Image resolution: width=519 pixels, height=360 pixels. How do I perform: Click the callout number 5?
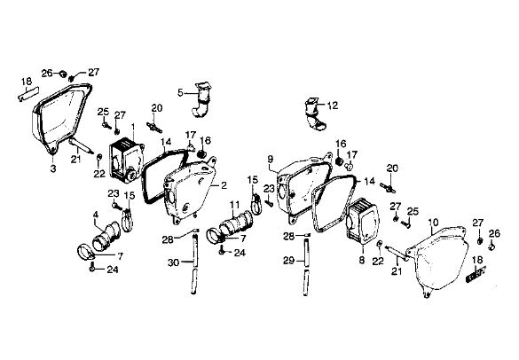pyautogui.click(x=180, y=93)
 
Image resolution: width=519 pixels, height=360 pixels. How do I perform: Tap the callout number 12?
pyautogui.click(x=333, y=106)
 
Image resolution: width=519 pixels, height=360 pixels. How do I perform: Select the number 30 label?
pyautogui.click(x=173, y=262)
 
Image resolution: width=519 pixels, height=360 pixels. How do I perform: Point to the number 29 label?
pyautogui.click(x=288, y=261)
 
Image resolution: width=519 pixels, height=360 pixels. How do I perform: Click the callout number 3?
pyautogui.click(x=53, y=168)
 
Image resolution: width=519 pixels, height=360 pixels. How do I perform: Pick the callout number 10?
pyautogui.click(x=433, y=222)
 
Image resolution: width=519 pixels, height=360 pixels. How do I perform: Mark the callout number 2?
pyautogui.click(x=224, y=185)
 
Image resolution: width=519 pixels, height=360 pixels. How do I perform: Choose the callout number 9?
pyautogui.click(x=271, y=159)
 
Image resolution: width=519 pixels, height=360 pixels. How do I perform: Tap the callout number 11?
pyautogui.click(x=235, y=205)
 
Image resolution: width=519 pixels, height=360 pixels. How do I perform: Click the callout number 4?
pyautogui.click(x=96, y=215)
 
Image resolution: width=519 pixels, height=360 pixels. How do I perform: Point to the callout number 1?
pyautogui.click(x=133, y=127)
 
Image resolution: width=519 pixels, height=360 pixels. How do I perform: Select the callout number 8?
pyautogui.click(x=361, y=260)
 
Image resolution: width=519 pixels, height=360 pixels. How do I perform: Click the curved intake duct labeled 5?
pyautogui.click(x=201, y=99)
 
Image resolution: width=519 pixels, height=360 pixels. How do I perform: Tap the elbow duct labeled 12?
pyautogui.click(x=315, y=113)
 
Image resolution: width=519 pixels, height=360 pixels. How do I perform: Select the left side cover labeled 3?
pyautogui.click(x=61, y=119)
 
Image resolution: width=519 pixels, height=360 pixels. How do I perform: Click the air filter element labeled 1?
pyautogui.click(x=127, y=162)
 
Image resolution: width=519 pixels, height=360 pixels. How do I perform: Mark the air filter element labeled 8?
pyautogui.click(x=362, y=222)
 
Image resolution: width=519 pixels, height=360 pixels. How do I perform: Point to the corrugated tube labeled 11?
pyautogui.click(x=233, y=225)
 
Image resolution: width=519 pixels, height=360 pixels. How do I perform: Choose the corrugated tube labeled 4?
pyautogui.click(x=106, y=236)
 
